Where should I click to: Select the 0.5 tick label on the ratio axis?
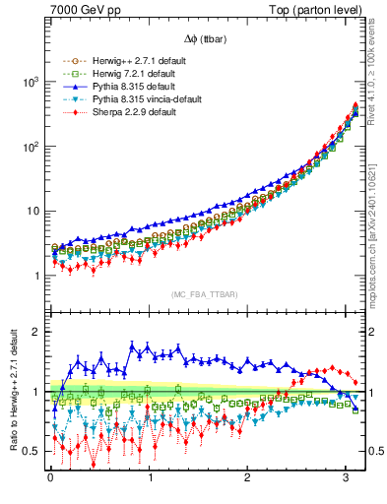pos(35,451)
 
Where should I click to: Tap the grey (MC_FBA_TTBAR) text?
pos(205,293)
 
